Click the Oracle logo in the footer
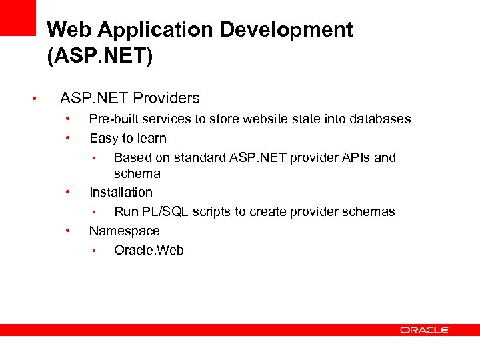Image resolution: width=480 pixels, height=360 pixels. pyautogui.click(x=425, y=330)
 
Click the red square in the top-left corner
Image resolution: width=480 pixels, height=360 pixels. pyautogui.click(x=17, y=17)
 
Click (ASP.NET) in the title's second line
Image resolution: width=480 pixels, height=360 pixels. pyautogui.click(x=100, y=56)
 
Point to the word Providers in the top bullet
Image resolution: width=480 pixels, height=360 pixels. pyautogui.click(x=166, y=99)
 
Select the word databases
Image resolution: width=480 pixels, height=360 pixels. pyautogui.click(x=379, y=119)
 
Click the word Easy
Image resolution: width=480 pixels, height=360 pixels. pyautogui.click(x=103, y=139)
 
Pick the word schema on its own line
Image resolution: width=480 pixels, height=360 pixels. pyautogui.click(x=137, y=174)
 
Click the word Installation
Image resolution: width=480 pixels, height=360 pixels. pyautogui.click(x=121, y=193)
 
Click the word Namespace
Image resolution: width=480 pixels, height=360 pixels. pyautogui.click(x=125, y=231)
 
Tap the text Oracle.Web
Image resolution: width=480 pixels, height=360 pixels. pyautogui.click(x=149, y=251)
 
